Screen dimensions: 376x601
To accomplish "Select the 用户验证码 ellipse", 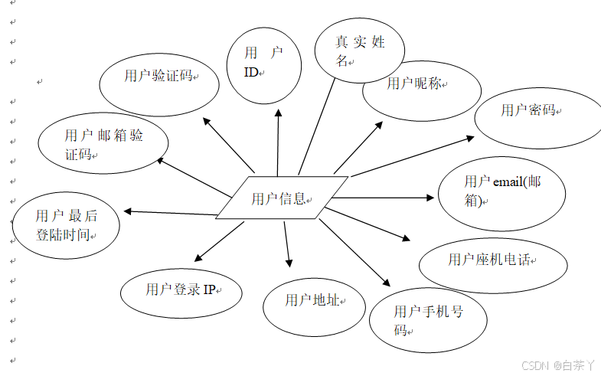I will pos(160,82).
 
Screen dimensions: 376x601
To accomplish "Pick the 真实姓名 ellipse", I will pos(359,51).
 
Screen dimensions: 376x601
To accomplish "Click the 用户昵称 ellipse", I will pos(421,91).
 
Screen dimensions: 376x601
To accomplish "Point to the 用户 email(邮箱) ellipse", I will pos(501,191).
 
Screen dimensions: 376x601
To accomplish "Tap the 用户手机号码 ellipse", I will pos(428,320).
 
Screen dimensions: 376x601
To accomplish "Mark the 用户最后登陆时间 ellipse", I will pos(67,225).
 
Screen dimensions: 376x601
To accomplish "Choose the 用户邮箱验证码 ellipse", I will pos(103,143).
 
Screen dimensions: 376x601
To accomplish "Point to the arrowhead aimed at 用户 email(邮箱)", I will pos(430,198).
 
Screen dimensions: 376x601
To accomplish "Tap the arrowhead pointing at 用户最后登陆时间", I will pos(128,211).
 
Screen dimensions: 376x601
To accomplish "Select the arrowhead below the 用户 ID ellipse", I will pos(279,113).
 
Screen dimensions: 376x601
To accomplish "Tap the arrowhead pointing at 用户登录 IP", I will pos(199,258).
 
